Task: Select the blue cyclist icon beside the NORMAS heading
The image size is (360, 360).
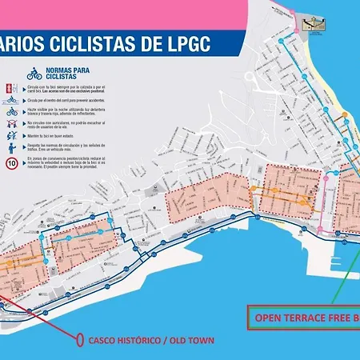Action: coord(34,76)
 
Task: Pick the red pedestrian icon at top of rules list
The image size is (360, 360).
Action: coord(12,87)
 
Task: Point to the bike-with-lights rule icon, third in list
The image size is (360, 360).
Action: coord(12,113)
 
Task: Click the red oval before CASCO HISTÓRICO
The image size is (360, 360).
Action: coord(81,340)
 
